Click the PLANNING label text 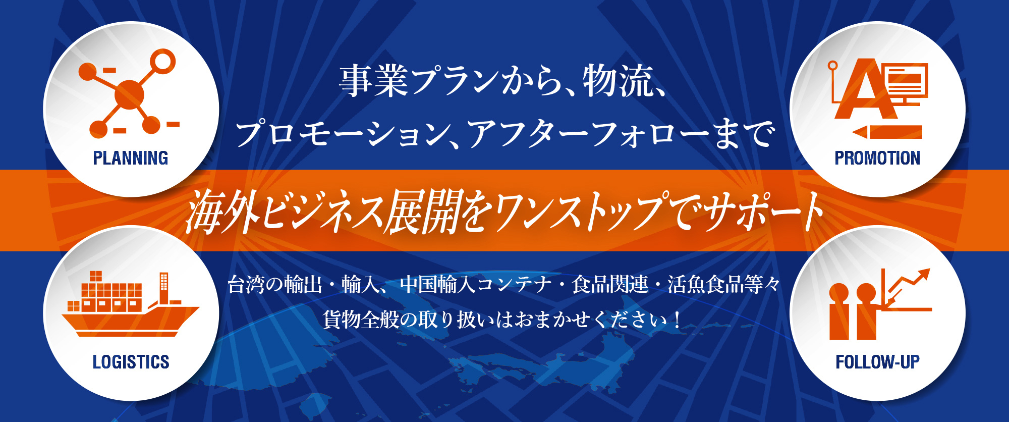[131, 158]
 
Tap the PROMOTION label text [877, 158]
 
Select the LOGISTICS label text [131, 362]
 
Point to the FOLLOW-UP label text [877, 362]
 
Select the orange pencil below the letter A [887, 132]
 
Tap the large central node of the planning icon [130, 94]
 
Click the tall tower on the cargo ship [164, 288]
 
